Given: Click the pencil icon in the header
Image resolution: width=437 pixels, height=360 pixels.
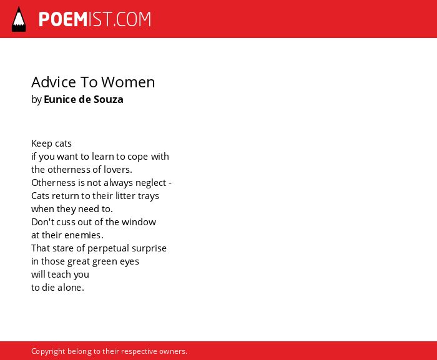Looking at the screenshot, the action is coord(19,19).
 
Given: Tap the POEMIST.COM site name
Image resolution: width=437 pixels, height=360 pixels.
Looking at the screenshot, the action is coord(95,19).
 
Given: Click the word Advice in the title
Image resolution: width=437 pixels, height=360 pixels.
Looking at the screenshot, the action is coord(54,82).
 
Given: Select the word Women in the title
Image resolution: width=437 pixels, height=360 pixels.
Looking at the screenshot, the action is coord(128,82).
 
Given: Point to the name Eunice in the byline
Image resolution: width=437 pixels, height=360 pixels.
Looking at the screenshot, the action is coord(60,99).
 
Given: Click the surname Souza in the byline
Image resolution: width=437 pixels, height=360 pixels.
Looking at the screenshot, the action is coord(109,99).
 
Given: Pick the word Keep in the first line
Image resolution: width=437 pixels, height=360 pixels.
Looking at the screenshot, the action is coord(42,144).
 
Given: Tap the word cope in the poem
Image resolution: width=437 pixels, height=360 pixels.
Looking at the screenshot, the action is coord(138,157).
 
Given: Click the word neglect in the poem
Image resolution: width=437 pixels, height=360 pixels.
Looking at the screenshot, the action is coord(151,183).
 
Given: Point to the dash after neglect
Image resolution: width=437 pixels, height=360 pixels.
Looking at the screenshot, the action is coord(170,183).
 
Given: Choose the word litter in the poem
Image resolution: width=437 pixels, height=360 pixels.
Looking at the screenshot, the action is coord(125,196).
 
